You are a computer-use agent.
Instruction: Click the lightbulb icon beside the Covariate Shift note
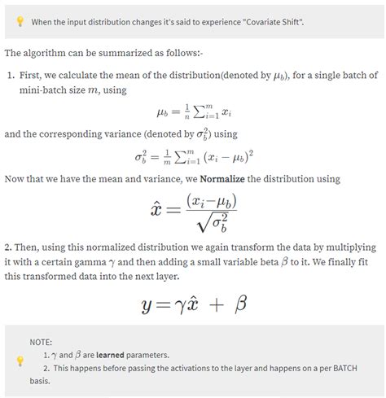[x=20, y=22]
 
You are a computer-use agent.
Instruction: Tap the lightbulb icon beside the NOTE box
[x=20, y=361]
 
